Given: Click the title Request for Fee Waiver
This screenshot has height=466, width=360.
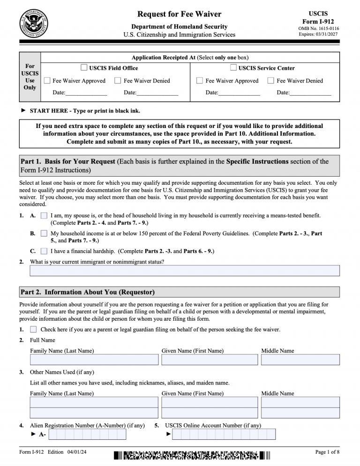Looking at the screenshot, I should [180, 14].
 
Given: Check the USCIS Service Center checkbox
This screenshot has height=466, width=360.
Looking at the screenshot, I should [233, 68].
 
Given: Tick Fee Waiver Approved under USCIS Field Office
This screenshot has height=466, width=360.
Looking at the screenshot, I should [47, 81].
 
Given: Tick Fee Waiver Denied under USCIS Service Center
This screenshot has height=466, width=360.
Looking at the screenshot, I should [270, 81].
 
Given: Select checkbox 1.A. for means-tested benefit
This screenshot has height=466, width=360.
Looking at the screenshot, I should [44, 216].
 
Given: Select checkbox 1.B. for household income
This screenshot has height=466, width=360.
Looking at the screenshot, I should [44, 233].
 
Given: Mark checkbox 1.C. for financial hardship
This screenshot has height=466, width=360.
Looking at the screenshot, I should [44, 251].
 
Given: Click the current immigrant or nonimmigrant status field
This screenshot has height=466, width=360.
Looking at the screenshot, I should [185, 271].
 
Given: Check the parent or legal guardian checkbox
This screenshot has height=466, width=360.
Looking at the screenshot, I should [33, 330].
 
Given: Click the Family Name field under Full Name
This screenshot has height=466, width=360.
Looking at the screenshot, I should [94, 360].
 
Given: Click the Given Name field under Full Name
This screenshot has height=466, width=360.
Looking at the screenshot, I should [210, 360].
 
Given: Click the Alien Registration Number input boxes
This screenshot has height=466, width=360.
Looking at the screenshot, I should [87, 435].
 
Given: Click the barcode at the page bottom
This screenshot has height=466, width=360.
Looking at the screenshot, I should [192, 455].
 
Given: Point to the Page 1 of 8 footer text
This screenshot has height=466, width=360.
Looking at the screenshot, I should [327, 452].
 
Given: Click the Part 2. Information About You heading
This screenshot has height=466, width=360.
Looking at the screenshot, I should [88, 293].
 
